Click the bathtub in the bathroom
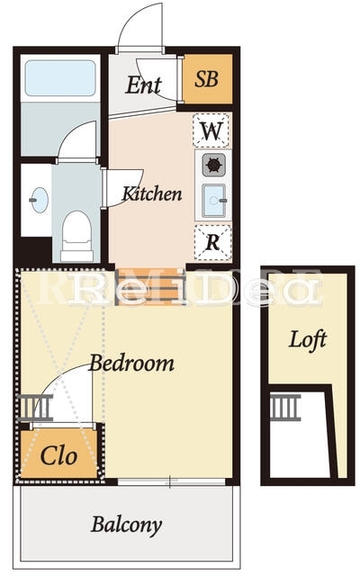pos(60,78)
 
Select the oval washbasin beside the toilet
pos(40,200)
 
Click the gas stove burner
pos(214,165)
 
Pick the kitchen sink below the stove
pos(214,200)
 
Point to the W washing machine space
pos(211,130)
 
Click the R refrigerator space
pos(212,242)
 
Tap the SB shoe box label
pos(207,79)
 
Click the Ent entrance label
pos(143,85)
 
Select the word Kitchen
pos(152,193)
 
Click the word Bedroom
pos(132,363)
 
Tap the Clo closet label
pos(58,456)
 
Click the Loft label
pos(308,340)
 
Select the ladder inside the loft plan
pos(285,408)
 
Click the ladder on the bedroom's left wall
pos(35,408)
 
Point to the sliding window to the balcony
pos(171,481)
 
